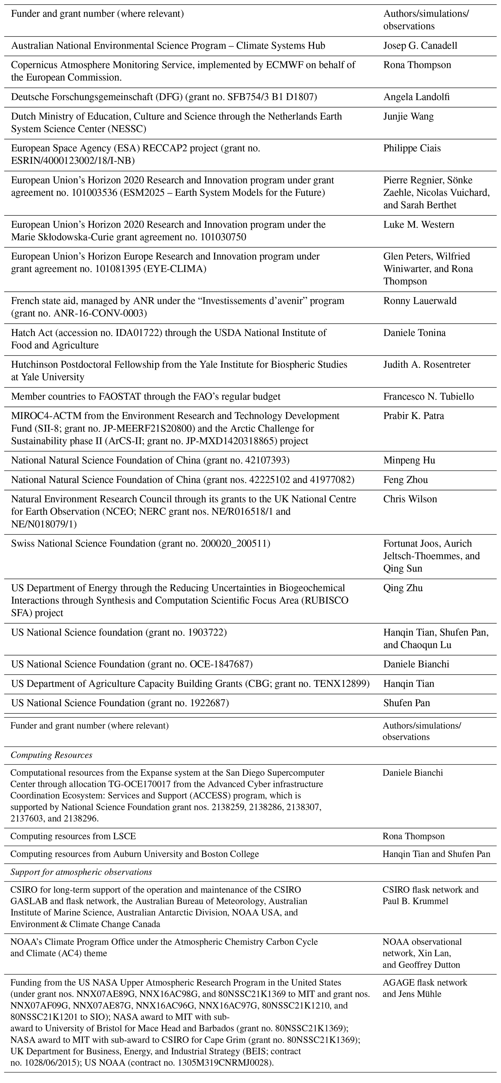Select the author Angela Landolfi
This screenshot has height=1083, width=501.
coord(416,97)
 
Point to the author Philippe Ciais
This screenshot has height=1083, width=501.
coord(412,149)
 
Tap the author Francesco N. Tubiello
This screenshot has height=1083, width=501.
coord(428,397)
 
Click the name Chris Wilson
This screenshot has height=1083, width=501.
coord(410,499)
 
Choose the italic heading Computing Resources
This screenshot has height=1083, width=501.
coord(51,755)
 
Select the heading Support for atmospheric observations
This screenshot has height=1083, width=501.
coord(81,872)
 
